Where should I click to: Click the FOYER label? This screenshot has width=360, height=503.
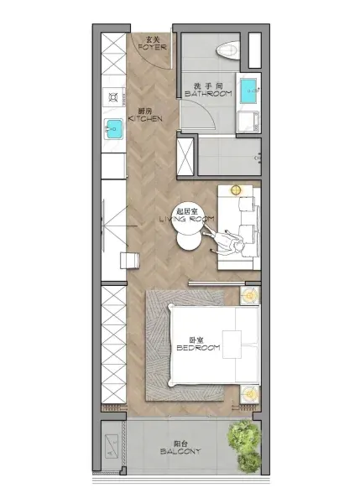click(152, 47)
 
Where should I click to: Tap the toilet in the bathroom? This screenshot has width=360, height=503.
click(228, 50)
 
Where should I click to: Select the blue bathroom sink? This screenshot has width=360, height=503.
click(249, 91)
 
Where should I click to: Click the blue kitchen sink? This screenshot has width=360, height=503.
click(113, 128)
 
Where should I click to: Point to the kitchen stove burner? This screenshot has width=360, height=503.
click(113, 96)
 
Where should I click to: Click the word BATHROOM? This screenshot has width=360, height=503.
click(208, 94)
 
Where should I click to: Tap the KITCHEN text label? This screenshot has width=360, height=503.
click(145, 119)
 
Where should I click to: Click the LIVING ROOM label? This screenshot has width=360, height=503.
click(187, 219)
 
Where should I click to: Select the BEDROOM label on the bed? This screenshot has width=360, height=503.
click(199, 347)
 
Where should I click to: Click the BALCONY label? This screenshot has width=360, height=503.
click(180, 451)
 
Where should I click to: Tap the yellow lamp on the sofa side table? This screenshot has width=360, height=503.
click(236, 190)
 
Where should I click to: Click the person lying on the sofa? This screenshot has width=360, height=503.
click(223, 240)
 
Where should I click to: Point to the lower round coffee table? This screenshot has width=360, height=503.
click(190, 242)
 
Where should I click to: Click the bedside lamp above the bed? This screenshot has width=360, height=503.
click(249, 295)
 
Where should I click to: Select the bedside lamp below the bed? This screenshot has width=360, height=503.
click(249, 394)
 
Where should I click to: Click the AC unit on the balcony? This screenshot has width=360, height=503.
click(112, 447)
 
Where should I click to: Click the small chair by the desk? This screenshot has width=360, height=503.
click(130, 261)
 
